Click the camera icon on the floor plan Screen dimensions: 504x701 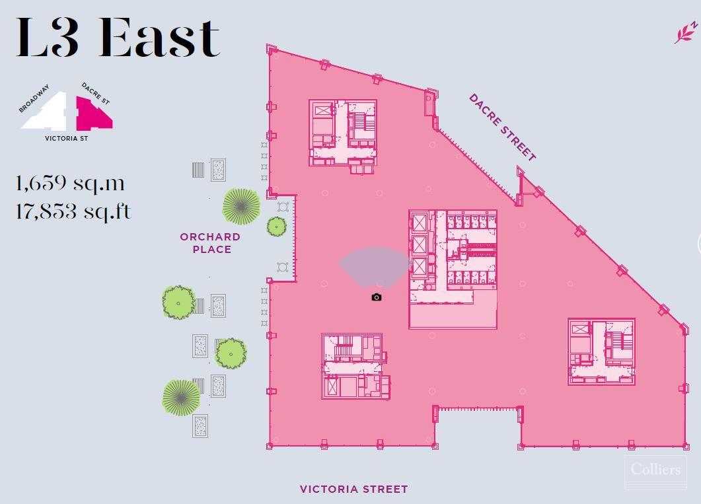377,297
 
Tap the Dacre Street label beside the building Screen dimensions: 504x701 502,127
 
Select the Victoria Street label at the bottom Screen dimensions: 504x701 353,489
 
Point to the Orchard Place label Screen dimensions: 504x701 210,242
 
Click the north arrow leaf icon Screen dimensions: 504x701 684,32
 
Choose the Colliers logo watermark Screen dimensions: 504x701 655,470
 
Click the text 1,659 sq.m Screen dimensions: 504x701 70,183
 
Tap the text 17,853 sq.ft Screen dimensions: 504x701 73,211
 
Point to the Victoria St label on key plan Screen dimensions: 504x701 66,139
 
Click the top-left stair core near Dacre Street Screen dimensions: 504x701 343,133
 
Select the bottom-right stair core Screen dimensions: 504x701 601,351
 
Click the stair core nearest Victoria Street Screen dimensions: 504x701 353,366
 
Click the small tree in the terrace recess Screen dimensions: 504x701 276,227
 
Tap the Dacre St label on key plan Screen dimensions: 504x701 96,92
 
